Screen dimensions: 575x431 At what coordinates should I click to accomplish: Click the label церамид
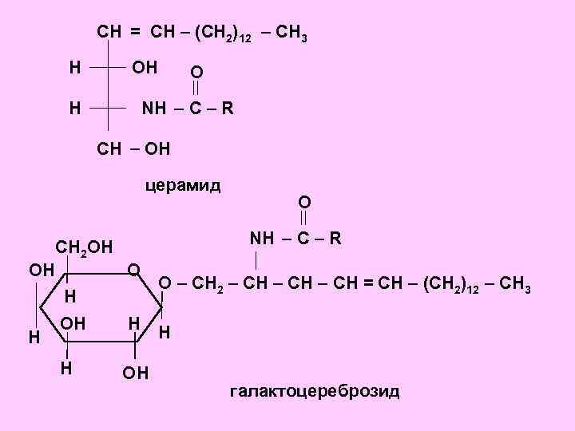click(183, 186)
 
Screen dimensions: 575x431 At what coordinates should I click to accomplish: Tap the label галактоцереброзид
click(314, 391)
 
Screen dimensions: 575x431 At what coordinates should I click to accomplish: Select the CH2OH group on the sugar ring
click(84, 247)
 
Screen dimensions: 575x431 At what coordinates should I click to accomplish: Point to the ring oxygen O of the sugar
click(135, 268)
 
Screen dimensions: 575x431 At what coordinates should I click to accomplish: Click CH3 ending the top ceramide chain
click(295, 34)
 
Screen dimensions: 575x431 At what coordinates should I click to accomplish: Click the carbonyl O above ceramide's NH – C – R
click(196, 73)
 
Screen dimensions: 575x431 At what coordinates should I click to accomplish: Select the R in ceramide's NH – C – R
click(228, 107)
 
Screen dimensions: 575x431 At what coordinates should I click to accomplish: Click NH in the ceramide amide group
click(154, 107)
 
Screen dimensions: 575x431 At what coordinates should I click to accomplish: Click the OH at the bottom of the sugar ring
click(135, 373)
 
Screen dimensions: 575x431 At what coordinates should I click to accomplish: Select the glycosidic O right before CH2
click(164, 283)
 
